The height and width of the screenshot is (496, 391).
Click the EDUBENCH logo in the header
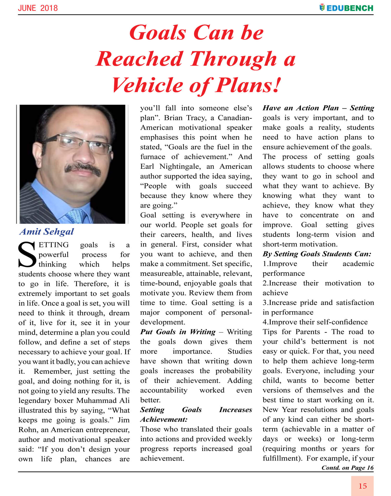coord(346,8)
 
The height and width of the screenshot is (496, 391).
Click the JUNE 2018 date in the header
coord(38,8)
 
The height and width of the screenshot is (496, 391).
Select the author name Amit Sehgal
coord(47,232)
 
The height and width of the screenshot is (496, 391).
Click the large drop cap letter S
coord(27,255)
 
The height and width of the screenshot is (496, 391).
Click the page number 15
coord(362,486)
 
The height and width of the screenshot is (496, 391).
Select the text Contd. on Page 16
coord(347,468)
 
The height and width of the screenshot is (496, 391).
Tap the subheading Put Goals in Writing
coord(178,332)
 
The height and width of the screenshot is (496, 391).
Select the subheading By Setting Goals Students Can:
coord(317,254)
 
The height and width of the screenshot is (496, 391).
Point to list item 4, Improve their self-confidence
coord(315,322)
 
